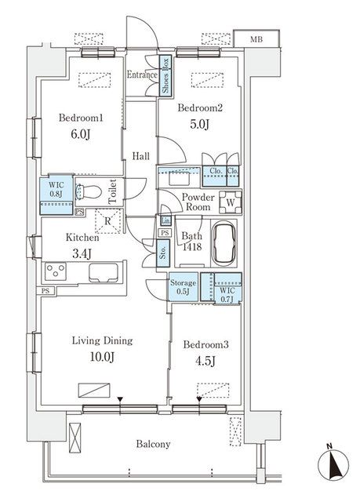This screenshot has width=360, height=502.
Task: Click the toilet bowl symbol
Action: pos(88,192)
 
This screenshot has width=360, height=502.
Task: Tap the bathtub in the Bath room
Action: pos(225,243)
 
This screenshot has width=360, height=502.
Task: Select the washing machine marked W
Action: pos(231,202)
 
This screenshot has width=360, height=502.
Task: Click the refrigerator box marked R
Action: pos(107,221)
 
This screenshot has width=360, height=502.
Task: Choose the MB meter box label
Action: pos(256,39)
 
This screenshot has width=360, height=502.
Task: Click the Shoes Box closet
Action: pos(165,75)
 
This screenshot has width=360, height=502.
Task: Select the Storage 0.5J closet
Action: pos(184,287)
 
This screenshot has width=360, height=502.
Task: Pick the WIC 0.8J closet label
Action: pos(56,189)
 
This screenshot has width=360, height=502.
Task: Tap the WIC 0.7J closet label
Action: pos(227,295)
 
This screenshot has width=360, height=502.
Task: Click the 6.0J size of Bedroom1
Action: pos(80,134)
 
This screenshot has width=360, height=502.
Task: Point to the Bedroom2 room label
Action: pos(200,108)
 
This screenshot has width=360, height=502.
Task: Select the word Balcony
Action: pos(153,444)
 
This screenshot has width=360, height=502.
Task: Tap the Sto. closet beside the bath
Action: pos(163,253)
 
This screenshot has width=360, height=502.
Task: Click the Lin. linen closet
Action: pos(165,220)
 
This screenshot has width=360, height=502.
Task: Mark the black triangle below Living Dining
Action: pos(120,399)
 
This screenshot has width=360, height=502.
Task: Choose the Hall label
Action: pos(141,156)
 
